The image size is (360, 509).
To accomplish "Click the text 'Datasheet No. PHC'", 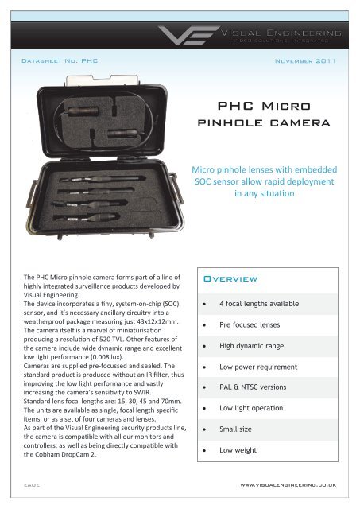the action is coord(59,60).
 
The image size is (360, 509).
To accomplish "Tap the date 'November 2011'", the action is coord(304,60).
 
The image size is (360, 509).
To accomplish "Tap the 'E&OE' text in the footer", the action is coord(30,482).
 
